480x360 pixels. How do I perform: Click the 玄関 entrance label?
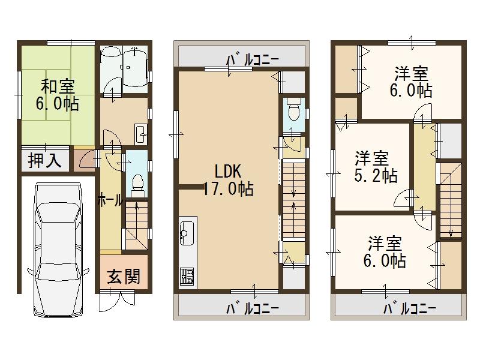pyautogui.click(x=124, y=276)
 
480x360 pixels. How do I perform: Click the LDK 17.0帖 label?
pyautogui.click(x=227, y=180)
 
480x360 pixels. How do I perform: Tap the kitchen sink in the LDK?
pyautogui.click(x=185, y=231)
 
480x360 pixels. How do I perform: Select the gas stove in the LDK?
pyautogui.click(x=187, y=277)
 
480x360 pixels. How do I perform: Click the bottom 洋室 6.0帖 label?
pyautogui.click(x=386, y=252)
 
